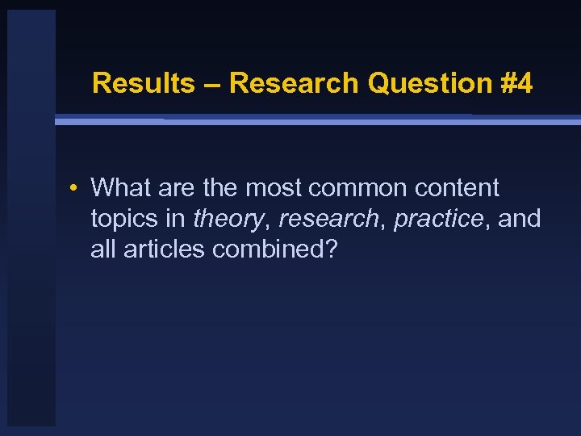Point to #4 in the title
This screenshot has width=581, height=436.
pos(515,83)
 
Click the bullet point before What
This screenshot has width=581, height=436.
pos(73,189)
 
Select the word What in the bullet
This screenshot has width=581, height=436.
pos(121,188)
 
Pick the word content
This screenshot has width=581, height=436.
pos(457,188)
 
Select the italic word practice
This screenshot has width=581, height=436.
pos(441,219)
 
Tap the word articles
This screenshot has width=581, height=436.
pos(165,249)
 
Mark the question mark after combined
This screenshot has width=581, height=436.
pos(330,249)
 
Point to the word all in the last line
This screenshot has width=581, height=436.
pos(102,249)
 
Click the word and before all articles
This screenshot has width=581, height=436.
pos(520,219)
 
